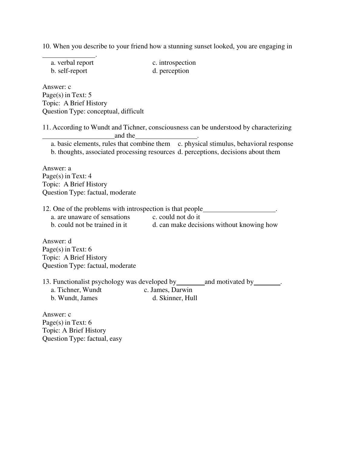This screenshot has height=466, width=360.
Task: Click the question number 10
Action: (46, 46)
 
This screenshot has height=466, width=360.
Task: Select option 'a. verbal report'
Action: (72, 63)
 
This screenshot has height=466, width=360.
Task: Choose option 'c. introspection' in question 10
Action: (174, 63)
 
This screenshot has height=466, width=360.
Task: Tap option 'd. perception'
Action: (171, 71)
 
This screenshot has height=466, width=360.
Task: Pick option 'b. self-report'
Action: (69, 71)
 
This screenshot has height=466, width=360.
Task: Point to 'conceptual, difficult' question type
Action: (115, 111)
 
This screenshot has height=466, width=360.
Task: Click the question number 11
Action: (46, 127)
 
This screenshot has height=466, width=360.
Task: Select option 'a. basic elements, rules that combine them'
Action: (110, 144)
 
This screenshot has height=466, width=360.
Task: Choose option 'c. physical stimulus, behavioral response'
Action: (235, 144)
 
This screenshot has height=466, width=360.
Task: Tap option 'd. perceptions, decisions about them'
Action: (229, 152)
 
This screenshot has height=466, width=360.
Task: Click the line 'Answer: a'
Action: (57, 168)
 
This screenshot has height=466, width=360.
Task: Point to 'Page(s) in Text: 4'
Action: (67, 176)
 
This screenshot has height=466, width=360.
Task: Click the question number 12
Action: (46, 209)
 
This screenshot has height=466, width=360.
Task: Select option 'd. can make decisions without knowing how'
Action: (215, 225)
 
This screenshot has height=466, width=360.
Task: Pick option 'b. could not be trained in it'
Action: (89, 225)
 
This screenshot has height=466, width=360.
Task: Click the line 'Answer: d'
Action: (57, 241)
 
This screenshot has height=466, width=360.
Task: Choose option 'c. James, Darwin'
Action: (168, 290)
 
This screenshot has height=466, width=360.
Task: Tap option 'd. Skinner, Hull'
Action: (175, 298)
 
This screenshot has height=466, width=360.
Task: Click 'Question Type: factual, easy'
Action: (82, 339)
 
